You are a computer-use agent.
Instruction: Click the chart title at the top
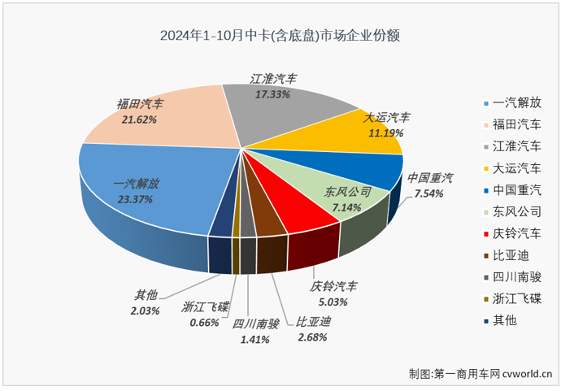tap(280, 36)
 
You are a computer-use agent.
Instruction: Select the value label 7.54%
tap(424, 194)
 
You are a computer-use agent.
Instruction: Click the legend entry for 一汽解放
tap(512, 102)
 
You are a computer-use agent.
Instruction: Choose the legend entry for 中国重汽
tap(512, 190)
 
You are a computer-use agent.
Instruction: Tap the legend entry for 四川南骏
tap(512, 278)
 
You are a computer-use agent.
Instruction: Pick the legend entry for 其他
tap(506, 322)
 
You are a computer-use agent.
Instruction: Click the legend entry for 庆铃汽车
tap(512, 234)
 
